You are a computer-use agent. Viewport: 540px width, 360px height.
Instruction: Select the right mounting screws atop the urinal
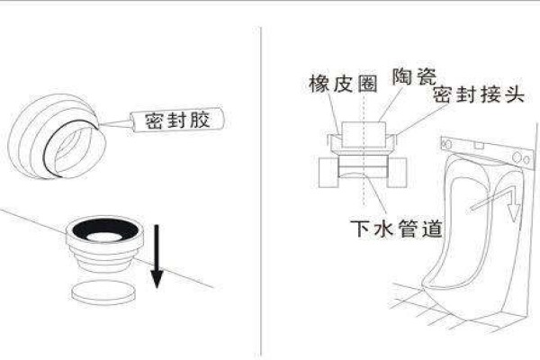click(517, 157)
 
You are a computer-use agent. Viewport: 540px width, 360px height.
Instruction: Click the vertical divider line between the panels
click(262, 180)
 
